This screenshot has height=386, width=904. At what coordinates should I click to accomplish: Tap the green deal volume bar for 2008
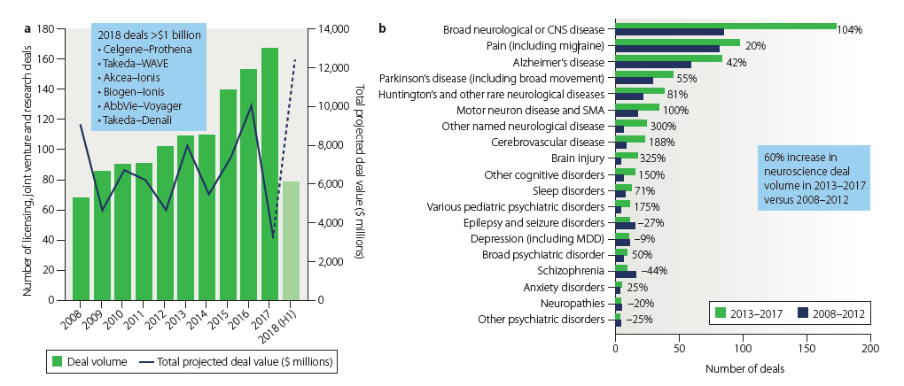[81, 249]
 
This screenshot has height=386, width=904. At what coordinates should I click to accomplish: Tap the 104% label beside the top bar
[852, 29]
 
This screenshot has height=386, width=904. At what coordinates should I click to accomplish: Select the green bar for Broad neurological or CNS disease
[726, 26]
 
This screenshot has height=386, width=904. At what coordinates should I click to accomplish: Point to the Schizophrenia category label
[577, 270]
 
